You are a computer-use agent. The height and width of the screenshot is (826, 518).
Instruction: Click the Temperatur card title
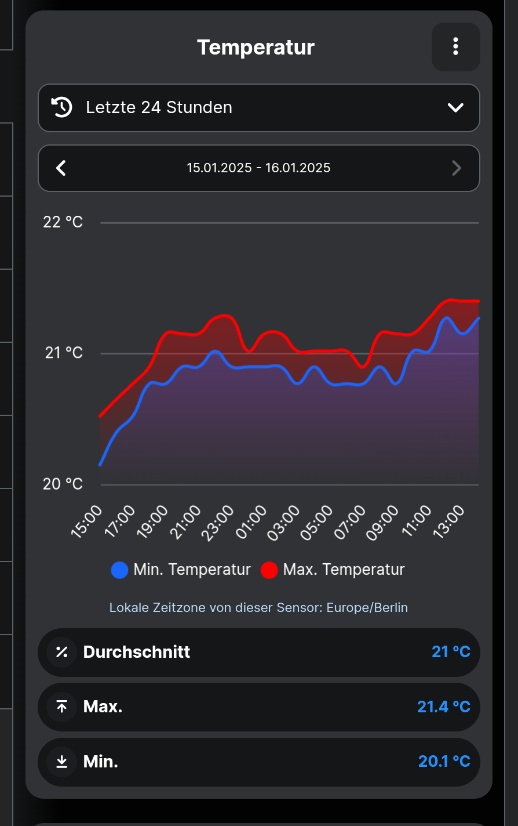click(x=256, y=48)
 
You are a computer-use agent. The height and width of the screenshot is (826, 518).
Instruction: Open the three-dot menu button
click(x=455, y=47)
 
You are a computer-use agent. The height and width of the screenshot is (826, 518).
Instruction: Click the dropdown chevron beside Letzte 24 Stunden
click(x=455, y=108)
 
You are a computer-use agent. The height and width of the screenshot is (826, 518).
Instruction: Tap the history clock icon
click(x=62, y=107)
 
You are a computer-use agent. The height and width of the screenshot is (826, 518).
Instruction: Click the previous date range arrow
click(x=61, y=168)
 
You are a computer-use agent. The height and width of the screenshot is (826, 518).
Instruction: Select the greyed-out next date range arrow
click(x=456, y=168)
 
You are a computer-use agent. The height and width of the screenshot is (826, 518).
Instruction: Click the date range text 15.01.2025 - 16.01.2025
click(x=258, y=168)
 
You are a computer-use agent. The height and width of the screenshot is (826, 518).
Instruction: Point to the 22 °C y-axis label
click(x=63, y=222)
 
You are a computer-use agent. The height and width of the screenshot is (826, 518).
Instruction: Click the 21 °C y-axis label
click(x=64, y=353)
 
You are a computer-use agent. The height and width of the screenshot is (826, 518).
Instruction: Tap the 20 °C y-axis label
click(x=63, y=484)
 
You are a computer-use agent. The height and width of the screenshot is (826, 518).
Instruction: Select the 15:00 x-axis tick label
click(x=87, y=521)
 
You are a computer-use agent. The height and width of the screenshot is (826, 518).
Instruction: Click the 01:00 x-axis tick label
click(x=253, y=521)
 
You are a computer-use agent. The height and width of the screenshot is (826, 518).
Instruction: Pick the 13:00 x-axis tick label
click(x=450, y=521)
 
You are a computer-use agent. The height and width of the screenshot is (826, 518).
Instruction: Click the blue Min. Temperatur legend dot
click(x=119, y=570)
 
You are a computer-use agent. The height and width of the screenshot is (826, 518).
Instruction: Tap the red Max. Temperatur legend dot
click(x=269, y=570)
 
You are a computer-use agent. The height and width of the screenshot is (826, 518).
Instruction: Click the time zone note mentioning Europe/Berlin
click(x=258, y=608)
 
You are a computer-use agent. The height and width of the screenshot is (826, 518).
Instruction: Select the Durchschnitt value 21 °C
click(x=451, y=652)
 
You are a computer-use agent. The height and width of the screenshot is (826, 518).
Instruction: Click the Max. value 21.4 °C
click(x=443, y=707)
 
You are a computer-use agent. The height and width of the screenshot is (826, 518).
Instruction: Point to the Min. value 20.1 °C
click(x=444, y=762)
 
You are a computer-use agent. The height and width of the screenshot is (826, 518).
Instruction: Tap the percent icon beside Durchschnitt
click(x=62, y=652)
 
